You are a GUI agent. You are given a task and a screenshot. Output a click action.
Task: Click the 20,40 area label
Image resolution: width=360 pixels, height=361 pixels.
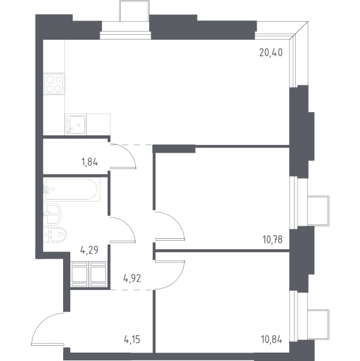(270, 53)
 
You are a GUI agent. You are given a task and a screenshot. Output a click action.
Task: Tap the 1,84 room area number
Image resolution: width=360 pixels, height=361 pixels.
(90, 162)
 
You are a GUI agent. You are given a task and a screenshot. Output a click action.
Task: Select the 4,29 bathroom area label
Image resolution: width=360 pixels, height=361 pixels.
(90, 250)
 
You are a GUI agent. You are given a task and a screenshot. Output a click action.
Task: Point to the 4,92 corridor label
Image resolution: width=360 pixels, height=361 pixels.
(132, 279)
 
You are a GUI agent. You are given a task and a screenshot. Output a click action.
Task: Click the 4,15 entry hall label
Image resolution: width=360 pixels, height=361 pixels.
(132, 339)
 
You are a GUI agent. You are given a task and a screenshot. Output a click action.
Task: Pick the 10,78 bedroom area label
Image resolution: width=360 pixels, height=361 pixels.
(272, 239)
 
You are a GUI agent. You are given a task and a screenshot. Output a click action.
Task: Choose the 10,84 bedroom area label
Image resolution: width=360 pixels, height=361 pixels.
(272, 339)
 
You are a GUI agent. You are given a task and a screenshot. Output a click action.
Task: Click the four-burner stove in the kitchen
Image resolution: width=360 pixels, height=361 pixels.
(54, 84)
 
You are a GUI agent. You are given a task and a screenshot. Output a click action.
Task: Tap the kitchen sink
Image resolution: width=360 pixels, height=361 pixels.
(76, 125)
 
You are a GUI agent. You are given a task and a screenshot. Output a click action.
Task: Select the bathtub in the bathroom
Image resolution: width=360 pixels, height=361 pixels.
(72, 190)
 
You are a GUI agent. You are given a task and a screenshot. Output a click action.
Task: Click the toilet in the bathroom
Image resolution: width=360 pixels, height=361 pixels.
(55, 235)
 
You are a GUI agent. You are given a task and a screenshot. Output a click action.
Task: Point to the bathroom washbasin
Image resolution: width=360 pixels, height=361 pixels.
(52, 214)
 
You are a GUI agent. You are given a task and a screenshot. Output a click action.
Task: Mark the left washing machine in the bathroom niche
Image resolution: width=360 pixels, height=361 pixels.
(79, 275)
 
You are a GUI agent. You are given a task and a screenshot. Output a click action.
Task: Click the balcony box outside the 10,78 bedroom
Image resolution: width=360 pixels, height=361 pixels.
(319, 210)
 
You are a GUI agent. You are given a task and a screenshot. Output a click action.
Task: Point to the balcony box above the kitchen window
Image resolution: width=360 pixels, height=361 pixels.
(135, 11)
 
